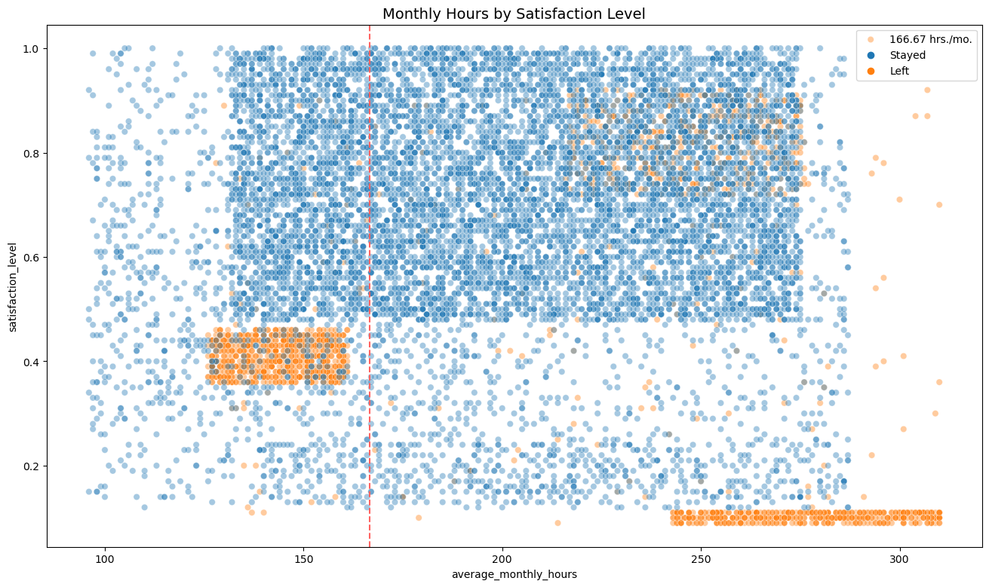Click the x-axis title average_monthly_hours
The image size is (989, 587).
click(x=514, y=575)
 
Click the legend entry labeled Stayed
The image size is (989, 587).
click(x=908, y=55)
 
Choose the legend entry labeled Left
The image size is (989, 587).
click(x=901, y=71)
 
